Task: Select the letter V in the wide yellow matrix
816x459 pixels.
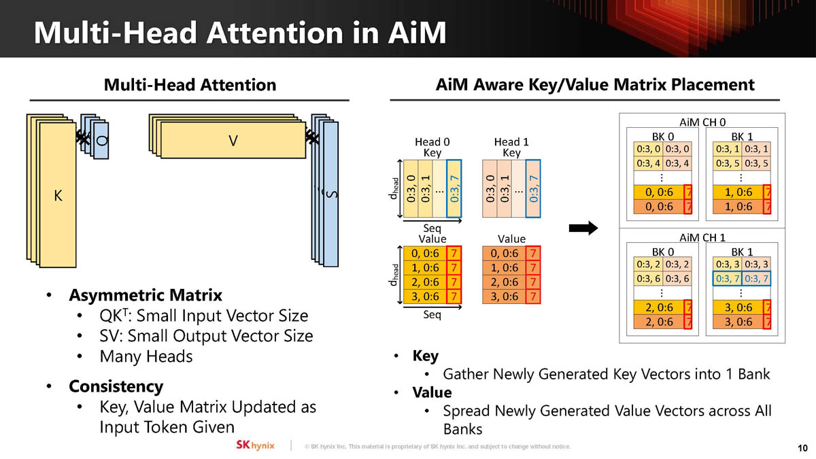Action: (x=233, y=141)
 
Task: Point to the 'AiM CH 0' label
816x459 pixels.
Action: (x=702, y=122)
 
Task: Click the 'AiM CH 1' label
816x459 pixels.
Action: (x=702, y=237)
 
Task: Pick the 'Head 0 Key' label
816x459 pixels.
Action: (x=432, y=147)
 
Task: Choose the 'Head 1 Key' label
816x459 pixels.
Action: (x=511, y=147)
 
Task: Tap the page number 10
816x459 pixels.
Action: (x=802, y=447)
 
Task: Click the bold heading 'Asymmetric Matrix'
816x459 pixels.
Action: (x=145, y=296)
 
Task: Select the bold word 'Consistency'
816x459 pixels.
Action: (x=116, y=386)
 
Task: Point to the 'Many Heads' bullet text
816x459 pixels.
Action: (x=146, y=356)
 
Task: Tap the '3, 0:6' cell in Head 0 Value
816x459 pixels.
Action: (x=425, y=296)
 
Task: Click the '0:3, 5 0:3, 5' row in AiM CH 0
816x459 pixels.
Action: (x=743, y=163)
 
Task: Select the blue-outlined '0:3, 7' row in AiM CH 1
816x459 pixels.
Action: (x=743, y=278)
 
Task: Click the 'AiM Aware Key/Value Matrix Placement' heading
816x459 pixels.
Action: (x=594, y=84)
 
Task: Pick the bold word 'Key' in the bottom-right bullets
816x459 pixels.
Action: (x=425, y=356)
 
